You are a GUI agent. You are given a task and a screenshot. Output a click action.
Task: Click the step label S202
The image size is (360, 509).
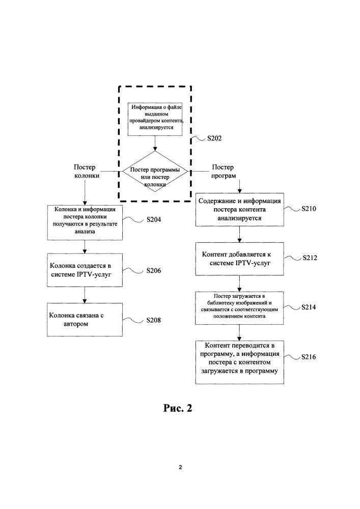pyautogui.click(x=214, y=138)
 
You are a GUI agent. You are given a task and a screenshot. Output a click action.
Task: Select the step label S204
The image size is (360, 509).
pyautogui.click(x=154, y=219)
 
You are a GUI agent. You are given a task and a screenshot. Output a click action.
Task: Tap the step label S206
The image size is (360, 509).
pyautogui.click(x=154, y=270)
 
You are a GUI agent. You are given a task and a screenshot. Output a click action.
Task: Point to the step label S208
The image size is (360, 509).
pyautogui.click(x=154, y=320)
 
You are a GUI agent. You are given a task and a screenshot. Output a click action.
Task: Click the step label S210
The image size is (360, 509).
pyautogui.click(x=309, y=209)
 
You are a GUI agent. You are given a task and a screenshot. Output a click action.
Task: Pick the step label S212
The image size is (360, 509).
pyautogui.click(x=310, y=258)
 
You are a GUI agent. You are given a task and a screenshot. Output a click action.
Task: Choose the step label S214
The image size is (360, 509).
pyautogui.click(x=309, y=307)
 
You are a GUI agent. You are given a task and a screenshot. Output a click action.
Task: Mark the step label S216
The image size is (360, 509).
pyautogui.click(x=309, y=357)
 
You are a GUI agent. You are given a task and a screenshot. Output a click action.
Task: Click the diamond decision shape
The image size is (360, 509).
pyautogui.click(x=155, y=171)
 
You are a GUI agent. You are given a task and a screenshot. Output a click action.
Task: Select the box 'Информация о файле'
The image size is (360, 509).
pyautogui.click(x=155, y=119)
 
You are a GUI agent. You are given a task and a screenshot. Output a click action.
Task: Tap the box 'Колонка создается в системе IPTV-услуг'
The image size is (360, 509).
pyautogui.click(x=85, y=270)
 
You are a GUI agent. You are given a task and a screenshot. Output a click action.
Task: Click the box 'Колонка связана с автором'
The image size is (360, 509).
pyautogui.click(x=85, y=320)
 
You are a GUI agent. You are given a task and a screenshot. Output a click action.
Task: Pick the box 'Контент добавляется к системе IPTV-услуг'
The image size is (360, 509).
pyautogui.click(x=239, y=259)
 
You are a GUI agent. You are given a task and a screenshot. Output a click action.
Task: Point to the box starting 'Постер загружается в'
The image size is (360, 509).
pyautogui.click(x=239, y=308)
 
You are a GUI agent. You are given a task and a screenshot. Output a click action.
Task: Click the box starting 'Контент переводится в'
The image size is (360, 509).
pyautogui.click(x=239, y=362)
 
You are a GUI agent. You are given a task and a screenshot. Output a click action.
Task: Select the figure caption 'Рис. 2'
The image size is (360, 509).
pyautogui.click(x=178, y=408)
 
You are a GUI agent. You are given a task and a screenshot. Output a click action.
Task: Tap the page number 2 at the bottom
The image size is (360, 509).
pyautogui.click(x=180, y=467)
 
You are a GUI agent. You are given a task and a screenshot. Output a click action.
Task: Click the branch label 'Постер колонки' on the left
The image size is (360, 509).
pyautogui.click(x=86, y=172)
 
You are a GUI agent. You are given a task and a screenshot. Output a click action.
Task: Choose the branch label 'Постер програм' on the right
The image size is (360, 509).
pyautogui.click(x=224, y=172)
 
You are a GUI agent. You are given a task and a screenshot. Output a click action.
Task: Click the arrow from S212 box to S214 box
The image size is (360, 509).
pyautogui.click(x=239, y=284)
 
